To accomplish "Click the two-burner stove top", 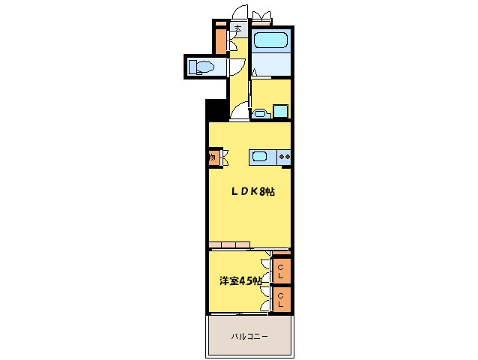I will [x=285, y=157].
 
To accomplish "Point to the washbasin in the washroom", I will [x=261, y=114].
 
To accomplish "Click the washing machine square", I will [x=280, y=112].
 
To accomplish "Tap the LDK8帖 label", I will [x=251, y=192].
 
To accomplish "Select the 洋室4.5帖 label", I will [x=240, y=280].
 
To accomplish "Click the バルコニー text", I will [x=248, y=336].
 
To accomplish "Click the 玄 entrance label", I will [x=238, y=30].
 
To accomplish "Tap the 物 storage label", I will [x=213, y=158].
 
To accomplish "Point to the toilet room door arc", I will [x=234, y=67].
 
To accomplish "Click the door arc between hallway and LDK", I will [x=240, y=113].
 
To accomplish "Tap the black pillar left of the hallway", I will [x=216, y=109].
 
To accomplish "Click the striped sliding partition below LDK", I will [x=230, y=244].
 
